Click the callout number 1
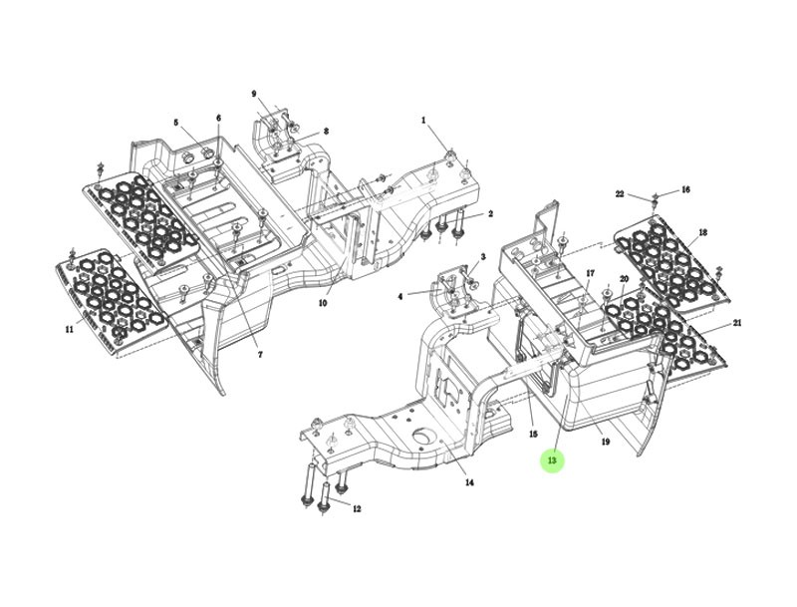(x=422, y=120)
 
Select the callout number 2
(x=490, y=214)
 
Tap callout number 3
(x=483, y=257)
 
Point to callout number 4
(x=400, y=296)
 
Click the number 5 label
(x=176, y=123)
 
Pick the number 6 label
(x=218, y=118)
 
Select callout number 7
(x=260, y=355)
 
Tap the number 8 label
(x=326, y=132)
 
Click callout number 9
(x=254, y=94)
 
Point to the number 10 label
(x=322, y=303)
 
